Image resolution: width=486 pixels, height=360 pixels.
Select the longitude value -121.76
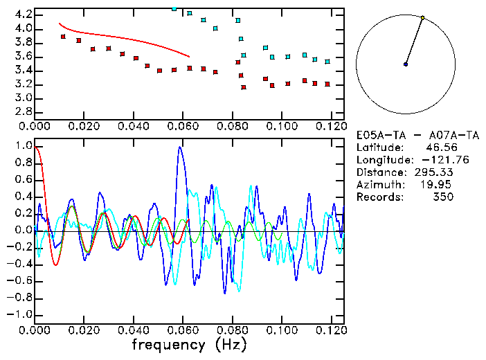(435, 159)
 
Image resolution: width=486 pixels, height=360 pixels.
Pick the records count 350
(443, 197)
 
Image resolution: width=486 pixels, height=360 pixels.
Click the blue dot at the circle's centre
(406, 64)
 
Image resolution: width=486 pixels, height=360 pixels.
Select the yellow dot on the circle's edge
(422, 17)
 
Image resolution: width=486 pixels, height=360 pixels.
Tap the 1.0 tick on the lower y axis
(23, 146)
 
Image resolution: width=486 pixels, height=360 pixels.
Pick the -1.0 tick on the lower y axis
(21, 314)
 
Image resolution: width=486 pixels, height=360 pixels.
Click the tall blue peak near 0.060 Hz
(181, 147)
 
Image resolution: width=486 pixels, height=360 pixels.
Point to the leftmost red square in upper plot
(63, 36)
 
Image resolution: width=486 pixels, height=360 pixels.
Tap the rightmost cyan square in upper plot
(327, 62)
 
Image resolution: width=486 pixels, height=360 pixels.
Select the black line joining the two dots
(414, 41)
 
